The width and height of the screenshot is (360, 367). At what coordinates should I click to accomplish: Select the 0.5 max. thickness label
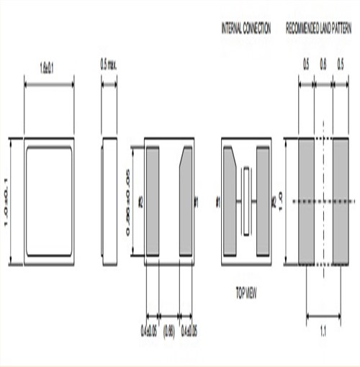coord(109,65)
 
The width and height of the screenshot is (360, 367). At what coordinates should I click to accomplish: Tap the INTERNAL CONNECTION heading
coord(246,29)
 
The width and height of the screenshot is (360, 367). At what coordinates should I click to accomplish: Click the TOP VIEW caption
coord(246,293)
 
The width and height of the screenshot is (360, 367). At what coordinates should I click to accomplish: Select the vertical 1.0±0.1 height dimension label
coord(10,201)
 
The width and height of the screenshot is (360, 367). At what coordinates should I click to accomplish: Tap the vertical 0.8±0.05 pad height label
coord(132,201)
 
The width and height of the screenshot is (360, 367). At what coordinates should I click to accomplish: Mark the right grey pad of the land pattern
coord(340,201)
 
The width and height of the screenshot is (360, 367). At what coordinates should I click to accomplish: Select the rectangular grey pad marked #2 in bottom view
coord(153,201)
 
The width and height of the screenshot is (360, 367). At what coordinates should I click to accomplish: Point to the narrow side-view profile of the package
coord(109,201)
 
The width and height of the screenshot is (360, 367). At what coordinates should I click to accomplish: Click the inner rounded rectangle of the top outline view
coord(49,201)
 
